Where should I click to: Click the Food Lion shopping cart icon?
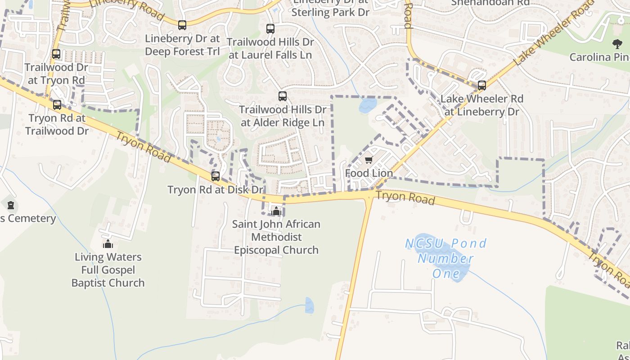[369, 160]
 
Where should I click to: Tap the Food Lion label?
[369, 173]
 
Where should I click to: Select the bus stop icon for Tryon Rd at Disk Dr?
[216, 176]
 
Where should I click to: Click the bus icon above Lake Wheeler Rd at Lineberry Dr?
[482, 85]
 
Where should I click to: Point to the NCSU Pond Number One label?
[446, 258]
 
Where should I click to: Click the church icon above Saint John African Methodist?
[276, 211]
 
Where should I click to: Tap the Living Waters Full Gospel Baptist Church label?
[108, 270]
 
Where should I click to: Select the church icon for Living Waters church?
[108, 244]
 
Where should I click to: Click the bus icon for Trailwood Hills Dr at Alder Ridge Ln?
[283, 96]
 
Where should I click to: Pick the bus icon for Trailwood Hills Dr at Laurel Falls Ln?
[270, 29]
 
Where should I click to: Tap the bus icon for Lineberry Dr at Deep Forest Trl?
[182, 25]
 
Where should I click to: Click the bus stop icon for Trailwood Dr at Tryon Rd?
[56, 54]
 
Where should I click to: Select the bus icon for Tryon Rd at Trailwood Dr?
[57, 105]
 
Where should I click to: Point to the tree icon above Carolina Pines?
[617, 44]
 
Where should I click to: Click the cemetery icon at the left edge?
[11, 206]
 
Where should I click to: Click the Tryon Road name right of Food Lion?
[405, 198]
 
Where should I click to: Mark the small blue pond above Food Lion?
[368, 106]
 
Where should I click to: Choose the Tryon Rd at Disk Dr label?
[216, 190]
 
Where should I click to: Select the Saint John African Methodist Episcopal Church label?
[276, 237]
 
